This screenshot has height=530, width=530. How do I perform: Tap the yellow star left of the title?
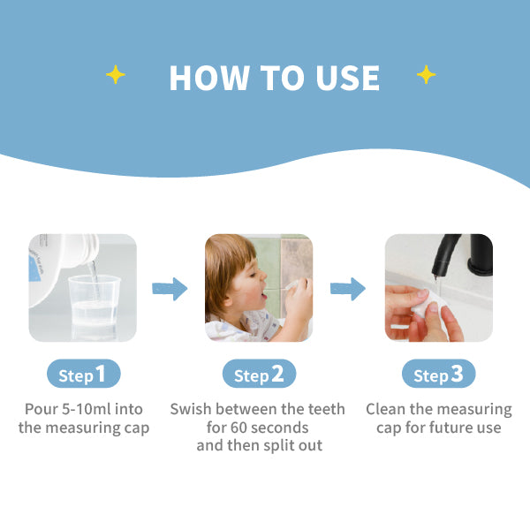pos(116,74)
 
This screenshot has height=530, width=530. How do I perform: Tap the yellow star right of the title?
pos(427,74)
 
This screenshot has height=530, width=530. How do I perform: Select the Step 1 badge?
pos(84,374)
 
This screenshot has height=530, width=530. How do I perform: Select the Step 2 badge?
pos(259,374)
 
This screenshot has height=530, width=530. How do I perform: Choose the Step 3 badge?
pos(439,374)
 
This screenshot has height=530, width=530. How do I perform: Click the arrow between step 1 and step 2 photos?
pos(170,289)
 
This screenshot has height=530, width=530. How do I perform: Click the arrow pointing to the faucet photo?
pos(348,289)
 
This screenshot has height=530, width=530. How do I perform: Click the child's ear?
pos(231,293)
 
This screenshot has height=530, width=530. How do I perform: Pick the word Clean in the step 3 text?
pos(386,409)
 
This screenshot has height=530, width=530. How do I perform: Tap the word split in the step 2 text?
pos(276,446)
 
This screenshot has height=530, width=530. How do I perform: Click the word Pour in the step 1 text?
pos(41,409)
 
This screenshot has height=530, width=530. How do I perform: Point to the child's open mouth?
pos(263,297)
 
